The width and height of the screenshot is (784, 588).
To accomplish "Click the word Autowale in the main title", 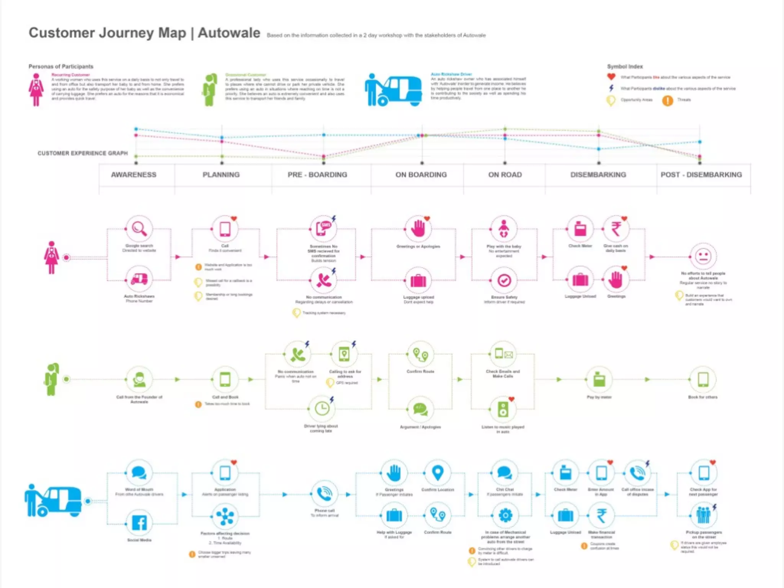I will pyautogui.click(x=229, y=33).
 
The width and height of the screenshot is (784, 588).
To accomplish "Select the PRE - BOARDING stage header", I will pyautogui.click(x=317, y=175).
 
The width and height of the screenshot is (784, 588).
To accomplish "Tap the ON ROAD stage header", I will pyautogui.click(x=505, y=175).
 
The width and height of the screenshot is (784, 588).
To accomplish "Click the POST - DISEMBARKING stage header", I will pyautogui.click(x=701, y=175).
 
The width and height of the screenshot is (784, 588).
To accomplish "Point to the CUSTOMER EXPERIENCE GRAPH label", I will pyautogui.click(x=83, y=153).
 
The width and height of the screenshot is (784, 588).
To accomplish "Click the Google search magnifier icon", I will pyautogui.click(x=139, y=229).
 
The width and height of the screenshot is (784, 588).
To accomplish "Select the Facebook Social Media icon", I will pyautogui.click(x=139, y=523).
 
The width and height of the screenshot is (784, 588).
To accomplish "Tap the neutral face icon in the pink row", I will pyautogui.click(x=703, y=256).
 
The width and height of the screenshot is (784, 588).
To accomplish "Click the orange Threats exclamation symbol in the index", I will pyautogui.click(x=668, y=100).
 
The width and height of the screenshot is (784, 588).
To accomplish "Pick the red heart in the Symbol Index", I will pyautogui.click(x=611, y=77).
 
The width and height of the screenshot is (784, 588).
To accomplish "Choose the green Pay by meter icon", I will pyautogui.click(x=599, y=379).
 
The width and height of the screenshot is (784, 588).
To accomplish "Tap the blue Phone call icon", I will pyautogui.click(x=325, y=494).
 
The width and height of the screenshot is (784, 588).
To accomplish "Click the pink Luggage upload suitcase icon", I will pyautogui.click(x=418, y=281).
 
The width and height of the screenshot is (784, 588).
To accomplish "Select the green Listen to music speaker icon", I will pyautogui.click(x=503, y=409).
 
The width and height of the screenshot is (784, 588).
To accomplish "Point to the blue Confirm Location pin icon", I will pyautogui.click(x=438, y=473).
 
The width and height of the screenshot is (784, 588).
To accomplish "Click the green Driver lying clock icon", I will pyautogui.click(x=322, y=408).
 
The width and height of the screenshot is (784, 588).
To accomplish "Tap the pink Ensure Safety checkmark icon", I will pyautogui.click(x=504, y=281).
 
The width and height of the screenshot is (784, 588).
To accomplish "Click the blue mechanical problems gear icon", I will pyautogui.click(x=505, y=515).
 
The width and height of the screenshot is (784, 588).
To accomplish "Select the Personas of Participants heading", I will pyautogui.click(x=61, y=67).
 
